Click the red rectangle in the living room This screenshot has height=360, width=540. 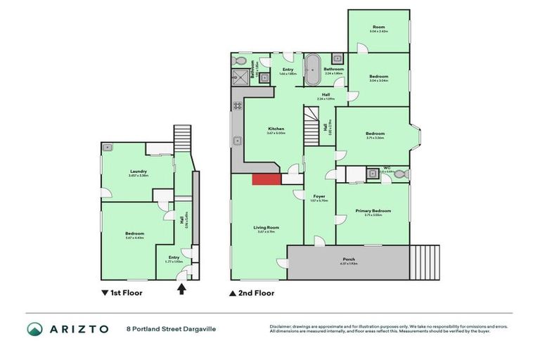[x=266, y=179]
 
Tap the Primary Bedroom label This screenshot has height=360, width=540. [x=373, y=211]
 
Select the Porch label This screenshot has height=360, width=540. [x=349, y=259]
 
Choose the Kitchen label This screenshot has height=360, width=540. [x=276, y=129]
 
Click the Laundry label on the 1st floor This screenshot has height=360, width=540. [x=138, y=172]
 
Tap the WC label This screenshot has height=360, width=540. [x=387, y=167]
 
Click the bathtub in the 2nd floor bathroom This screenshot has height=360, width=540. [x=310, y=70]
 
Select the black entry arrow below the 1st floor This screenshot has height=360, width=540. [x=181, y=288]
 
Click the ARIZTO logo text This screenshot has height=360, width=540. [x=77, y=329]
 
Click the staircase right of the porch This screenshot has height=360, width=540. [x=425, y=262]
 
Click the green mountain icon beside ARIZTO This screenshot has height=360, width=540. [x=34, y=329]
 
